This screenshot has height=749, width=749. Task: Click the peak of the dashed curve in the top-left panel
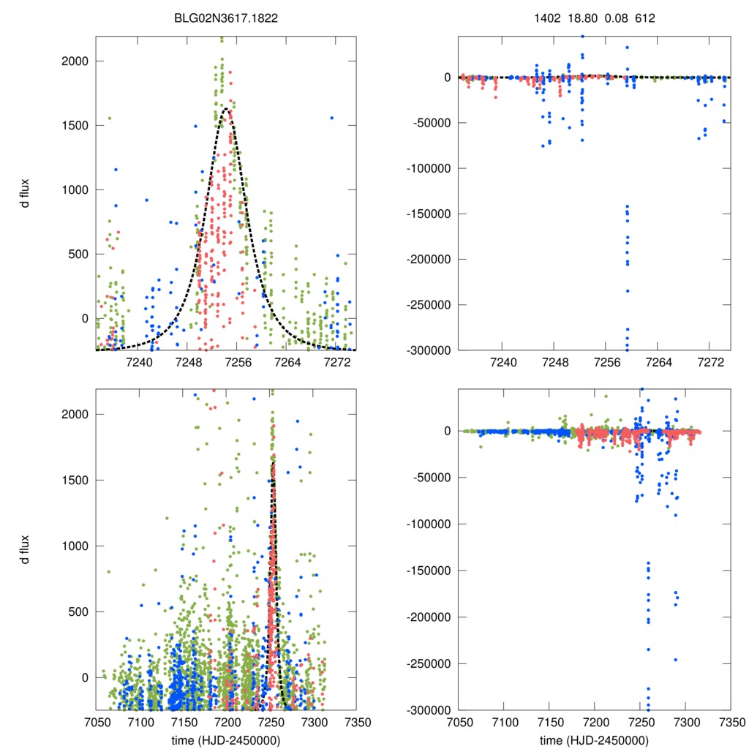click(226, 109)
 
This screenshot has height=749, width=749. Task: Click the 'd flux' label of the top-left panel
click(26, 192)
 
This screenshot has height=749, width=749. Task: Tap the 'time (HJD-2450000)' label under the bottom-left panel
click(225, 739)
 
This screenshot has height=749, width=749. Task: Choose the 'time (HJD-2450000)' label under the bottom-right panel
click(594, 739)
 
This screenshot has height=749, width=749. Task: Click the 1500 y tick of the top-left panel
click(74, 125)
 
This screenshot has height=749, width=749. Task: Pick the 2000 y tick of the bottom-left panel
click(74, 414)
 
